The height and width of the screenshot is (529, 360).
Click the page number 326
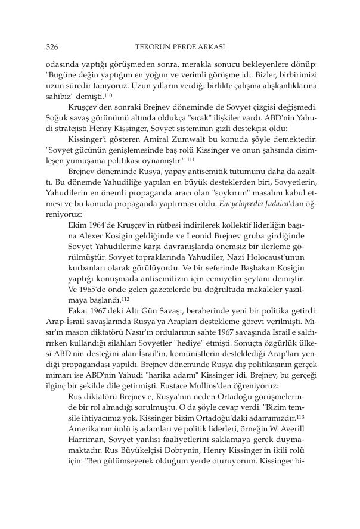click(51, 46)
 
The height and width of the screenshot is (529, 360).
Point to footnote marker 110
click(108, 95)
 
